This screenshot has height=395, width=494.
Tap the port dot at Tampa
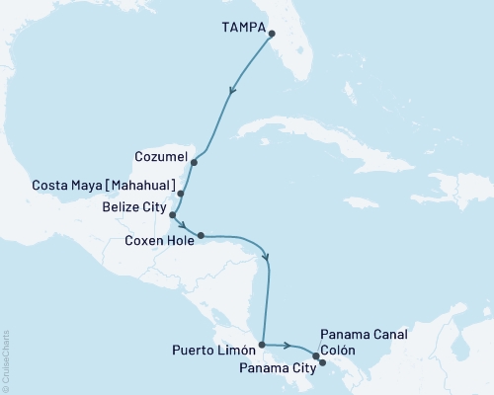coord(272,35)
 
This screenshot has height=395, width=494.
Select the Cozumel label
coord(158,155)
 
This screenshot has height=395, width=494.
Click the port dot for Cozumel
coord(195,161)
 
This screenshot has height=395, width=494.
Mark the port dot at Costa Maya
coord(181,194)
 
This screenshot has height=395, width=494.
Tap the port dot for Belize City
coord(173,214)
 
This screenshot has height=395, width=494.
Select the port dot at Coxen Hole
coord(201,235)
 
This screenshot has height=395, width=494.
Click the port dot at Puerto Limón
coord(261,346)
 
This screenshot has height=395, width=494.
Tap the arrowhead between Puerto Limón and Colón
coord(288,346)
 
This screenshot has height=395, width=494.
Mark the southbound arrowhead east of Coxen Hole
coord(268,259)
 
